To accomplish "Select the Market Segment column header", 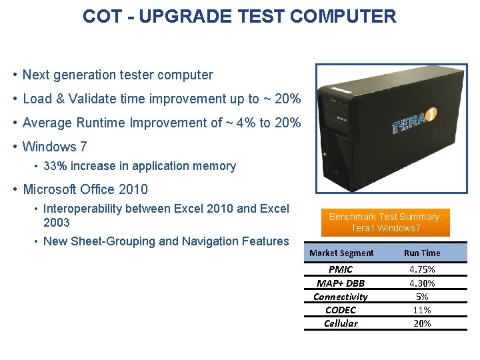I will [x=342, y=253].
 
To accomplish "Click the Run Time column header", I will [x=422, y=253].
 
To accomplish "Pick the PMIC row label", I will [x=341, y=269].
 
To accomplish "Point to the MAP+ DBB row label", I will [x=341, y=283].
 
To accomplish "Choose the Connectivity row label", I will [x=341, y=297].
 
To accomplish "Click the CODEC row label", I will [x=341, y=310].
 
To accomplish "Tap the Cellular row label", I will [x=341, y=323].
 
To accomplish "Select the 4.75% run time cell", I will [x=422, y=269].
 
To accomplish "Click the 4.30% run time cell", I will [x=422, y=283].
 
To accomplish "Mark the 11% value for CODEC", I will [x=422, y=310].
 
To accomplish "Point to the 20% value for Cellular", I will [x=422, y=323].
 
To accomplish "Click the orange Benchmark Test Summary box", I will [x=386, y=223].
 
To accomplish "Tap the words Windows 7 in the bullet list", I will [x=55, y=147].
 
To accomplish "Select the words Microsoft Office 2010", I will [x=85, y=189].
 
